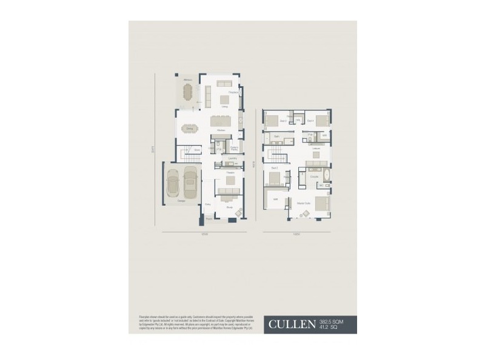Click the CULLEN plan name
coord(292,324)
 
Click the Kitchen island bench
coord(221,121)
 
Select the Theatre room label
coord(230,174)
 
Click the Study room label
coord(230,207)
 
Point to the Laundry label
coord(232,158)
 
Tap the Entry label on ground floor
coord(208,205)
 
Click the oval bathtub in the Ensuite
coord(325,177)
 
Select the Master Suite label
coord(304,203)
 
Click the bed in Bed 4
coord(322,120)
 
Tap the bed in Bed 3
coord(271,120)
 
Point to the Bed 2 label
coord(274,167)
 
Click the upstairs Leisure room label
coord(316,149)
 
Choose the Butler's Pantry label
coord(234,147)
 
